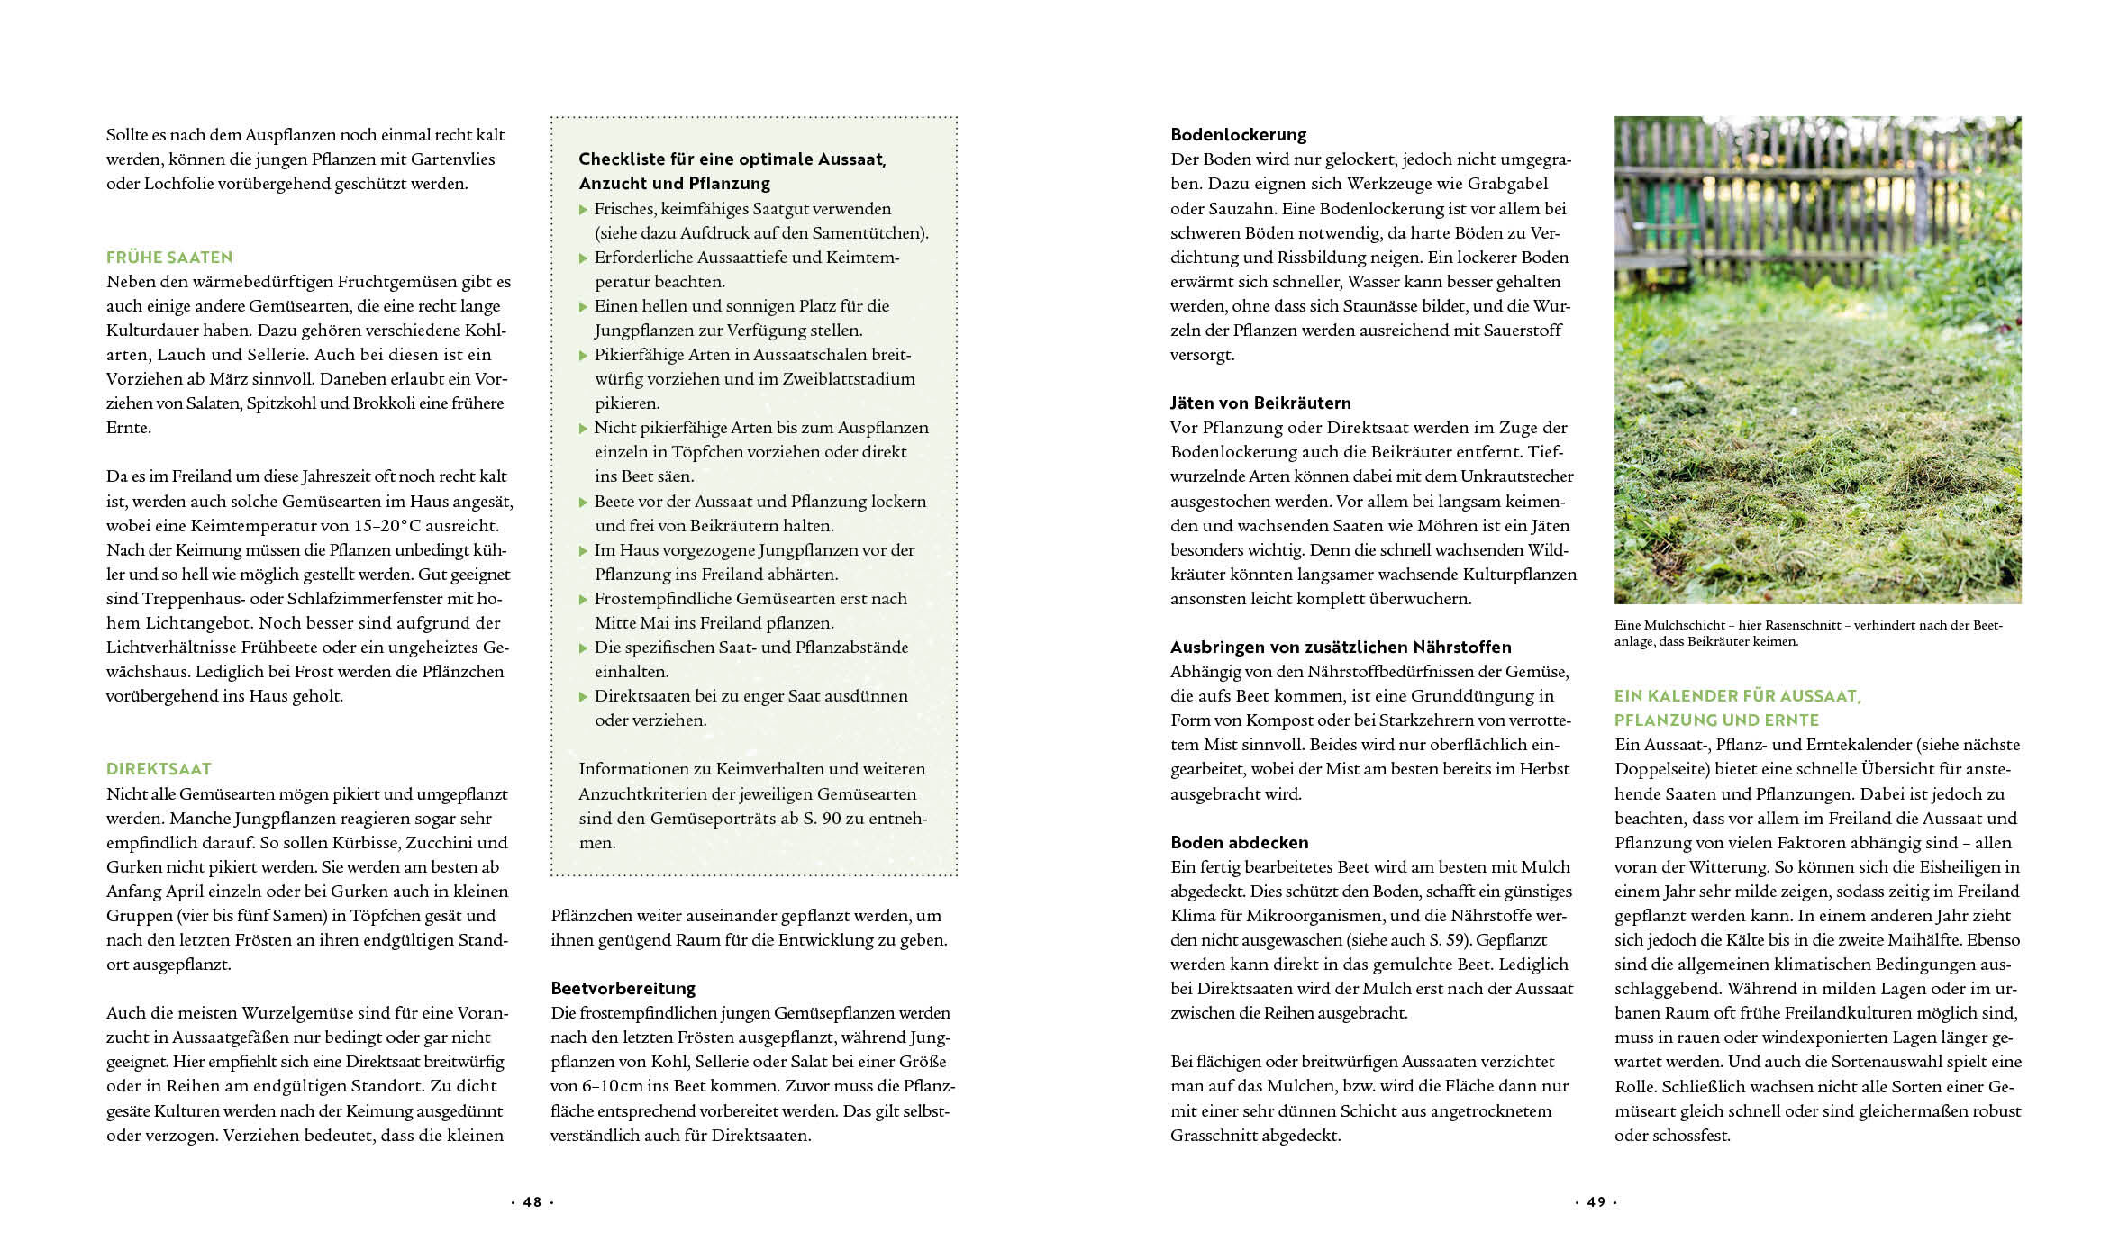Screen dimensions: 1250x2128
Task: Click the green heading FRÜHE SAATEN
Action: click(169, 258)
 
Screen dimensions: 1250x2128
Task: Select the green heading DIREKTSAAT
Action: click(159, 769)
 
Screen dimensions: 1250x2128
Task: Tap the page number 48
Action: click(532, 1202)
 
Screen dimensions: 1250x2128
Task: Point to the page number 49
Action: click(1596, 1202)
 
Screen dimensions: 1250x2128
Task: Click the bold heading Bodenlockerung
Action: click(1238, 135)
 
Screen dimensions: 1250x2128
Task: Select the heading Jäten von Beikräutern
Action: click(1260, 403)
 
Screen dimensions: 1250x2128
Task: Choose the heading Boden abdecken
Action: click(1239, 843)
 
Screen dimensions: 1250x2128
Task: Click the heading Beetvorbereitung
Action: click(623, 989)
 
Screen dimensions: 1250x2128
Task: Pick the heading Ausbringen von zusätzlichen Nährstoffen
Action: click(1341, 648)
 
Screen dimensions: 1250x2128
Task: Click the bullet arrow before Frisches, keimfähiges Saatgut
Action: click(584, 210)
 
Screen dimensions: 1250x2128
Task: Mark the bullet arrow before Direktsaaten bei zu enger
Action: click(584, 697)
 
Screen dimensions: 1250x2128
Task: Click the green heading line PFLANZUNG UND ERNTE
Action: click(1716, 720)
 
